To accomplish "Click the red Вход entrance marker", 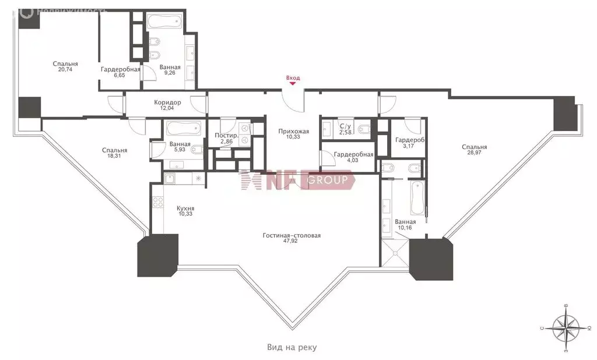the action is click(293, 80).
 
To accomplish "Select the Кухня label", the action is click(185, 209).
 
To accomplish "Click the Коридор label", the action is click(167, 103).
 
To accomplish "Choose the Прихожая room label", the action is click(294, 131).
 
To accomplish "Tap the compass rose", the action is click(566, 328).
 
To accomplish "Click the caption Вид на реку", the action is click(292, 347).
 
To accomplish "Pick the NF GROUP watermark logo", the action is click(297, 180).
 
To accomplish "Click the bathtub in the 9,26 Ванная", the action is click(166, 22).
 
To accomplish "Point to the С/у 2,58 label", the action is click(345, 129).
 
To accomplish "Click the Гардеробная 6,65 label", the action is click(120, 72).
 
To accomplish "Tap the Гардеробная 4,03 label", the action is click(353, 157).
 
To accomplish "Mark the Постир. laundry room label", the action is click(227, 138).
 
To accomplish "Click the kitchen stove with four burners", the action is click(157, 202).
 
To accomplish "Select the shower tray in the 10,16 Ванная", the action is click(395, 253).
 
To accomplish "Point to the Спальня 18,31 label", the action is click(115, 153).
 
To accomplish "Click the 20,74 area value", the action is click(65, 70).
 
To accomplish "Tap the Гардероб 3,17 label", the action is click(410, 142).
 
